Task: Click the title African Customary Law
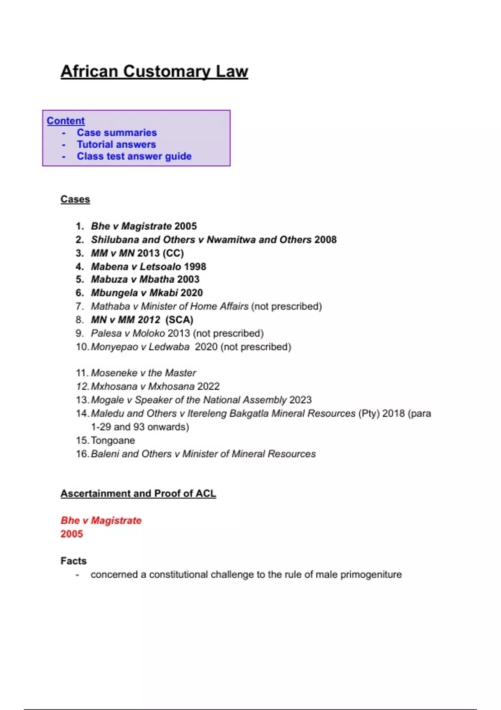[x=154, y=71]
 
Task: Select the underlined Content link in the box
[x=66, y=121]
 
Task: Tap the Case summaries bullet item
[x=116, y=132]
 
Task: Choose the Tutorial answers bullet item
[x=116, y=145]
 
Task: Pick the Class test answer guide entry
[x=134, y=156]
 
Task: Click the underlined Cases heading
[x=75, y=199]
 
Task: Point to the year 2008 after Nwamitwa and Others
[x=325, y=240]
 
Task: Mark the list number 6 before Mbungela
[x=80, y=293]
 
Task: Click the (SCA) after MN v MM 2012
[x=179, y=320]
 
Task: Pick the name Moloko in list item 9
[x=149, y=333]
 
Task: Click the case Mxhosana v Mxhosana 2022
[x=155, y=387]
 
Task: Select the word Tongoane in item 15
[x=113, y=441]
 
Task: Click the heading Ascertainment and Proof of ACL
[x=138, y=494]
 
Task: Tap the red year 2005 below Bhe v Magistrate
[x=72, y=534]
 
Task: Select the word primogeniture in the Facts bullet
[x=371, y=575]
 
